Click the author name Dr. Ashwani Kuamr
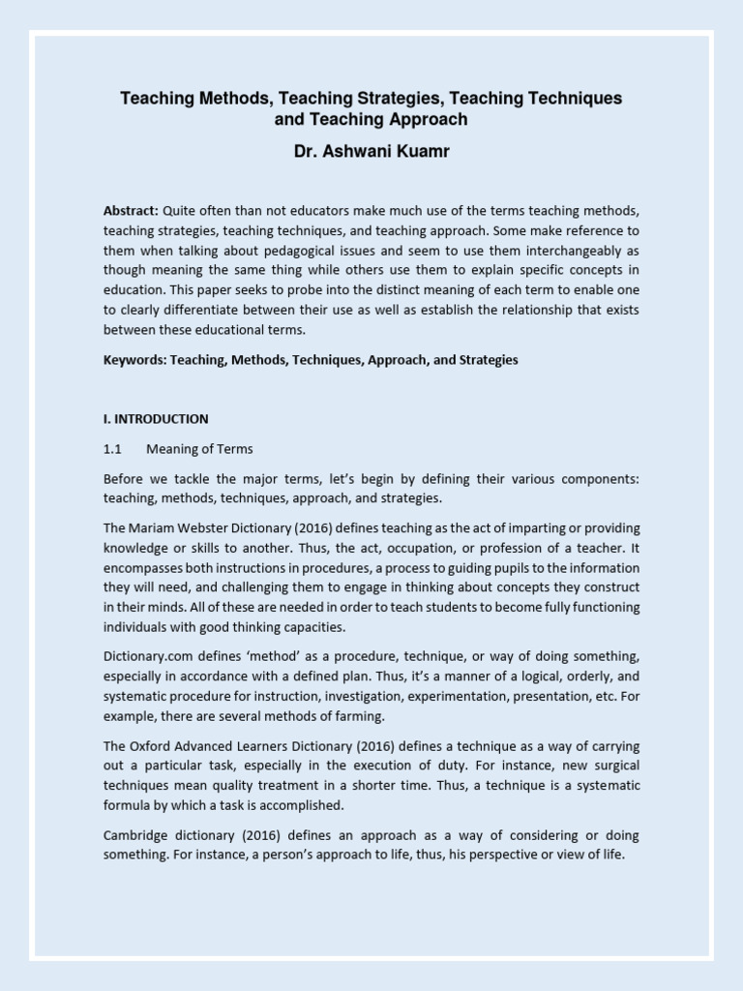(371, 153)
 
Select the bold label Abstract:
(132, 211)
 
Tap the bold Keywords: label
(134, 359)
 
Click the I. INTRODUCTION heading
(156, 419)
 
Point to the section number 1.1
(111, 449)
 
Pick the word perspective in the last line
(508, 855)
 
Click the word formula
(128, 804)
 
